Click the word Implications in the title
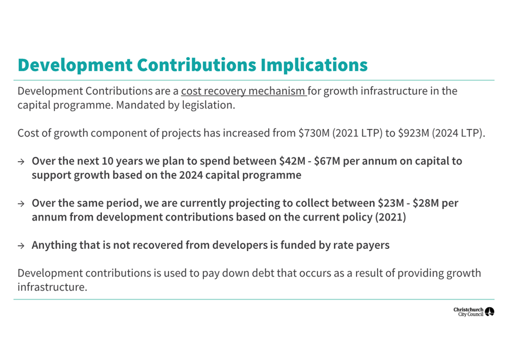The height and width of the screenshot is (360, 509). click(x=314, y=65)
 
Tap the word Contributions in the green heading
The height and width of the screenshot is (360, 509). click(x=196, y=65)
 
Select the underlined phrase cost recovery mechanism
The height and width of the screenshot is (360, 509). click(x=244, y=91)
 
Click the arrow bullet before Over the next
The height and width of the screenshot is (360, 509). click(x=21, y=162)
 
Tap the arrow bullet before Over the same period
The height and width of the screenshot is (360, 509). click(x=21, y=204)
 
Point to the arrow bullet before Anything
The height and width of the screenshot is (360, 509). click(x=21, y=246)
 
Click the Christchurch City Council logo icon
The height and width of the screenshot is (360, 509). click(x=489, y=312)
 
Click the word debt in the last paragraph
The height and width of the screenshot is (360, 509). click(x=261, y=273)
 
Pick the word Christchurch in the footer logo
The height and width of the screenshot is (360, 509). click(x=468, y=309)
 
